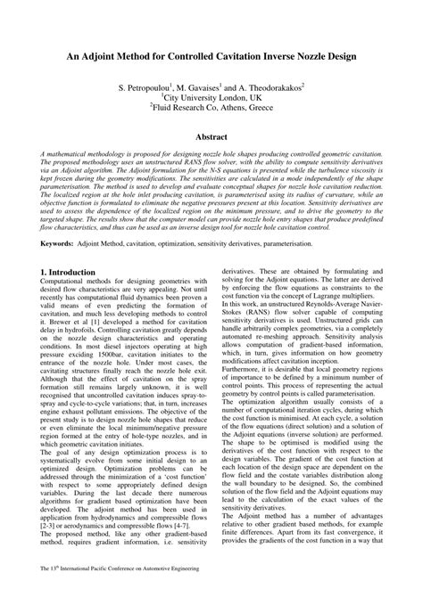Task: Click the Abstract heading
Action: tap(211, 138)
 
